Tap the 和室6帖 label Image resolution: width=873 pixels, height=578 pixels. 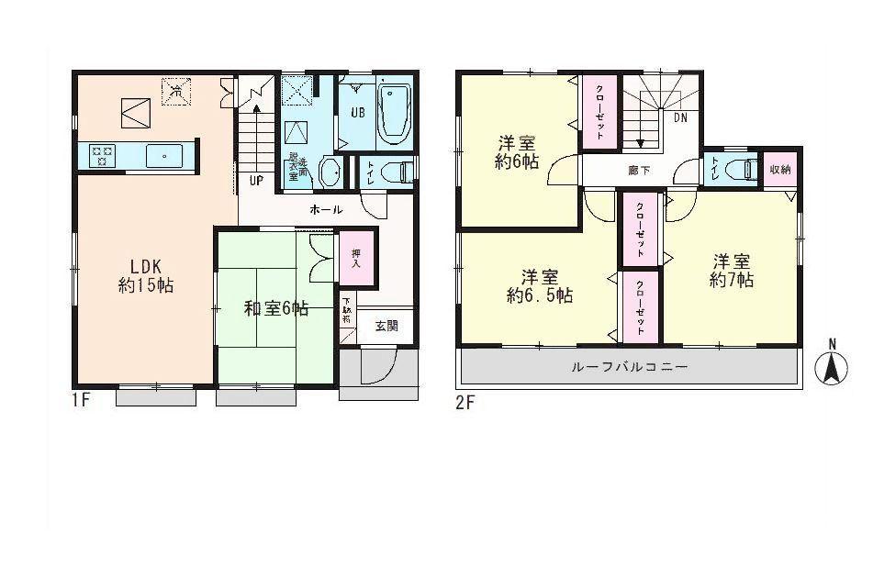point(275,309)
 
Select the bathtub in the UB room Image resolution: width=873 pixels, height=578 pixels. point(394,112)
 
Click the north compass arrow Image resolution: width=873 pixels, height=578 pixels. point(833,367)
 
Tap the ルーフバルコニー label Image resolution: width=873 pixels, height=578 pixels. point(629,367)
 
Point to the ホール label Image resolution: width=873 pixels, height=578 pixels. point(326,210)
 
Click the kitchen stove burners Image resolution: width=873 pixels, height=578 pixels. point(101,155)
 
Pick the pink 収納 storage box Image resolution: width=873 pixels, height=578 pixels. point(780,170)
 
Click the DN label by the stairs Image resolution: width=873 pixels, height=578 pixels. point(682,118)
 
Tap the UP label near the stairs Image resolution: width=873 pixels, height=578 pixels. point(256,180)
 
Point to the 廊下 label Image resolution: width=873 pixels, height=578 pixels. point(635,169)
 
